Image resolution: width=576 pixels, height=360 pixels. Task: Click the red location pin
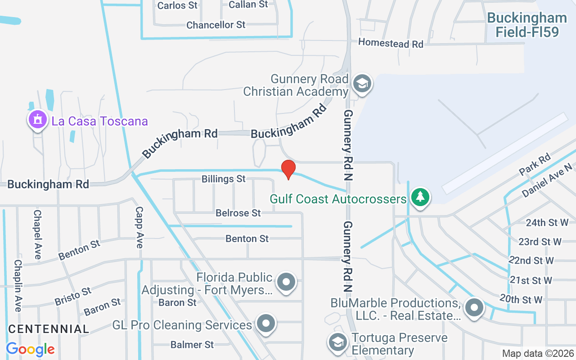(x=288, y=170)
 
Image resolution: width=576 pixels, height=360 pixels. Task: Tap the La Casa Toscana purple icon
(x=37, y=120)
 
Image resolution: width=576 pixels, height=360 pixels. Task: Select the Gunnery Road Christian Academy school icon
(x=362, y=83)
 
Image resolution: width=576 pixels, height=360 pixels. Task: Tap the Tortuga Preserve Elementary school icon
(x=337, y=342)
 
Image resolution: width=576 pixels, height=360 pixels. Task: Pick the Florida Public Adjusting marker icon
(x=286, y=283)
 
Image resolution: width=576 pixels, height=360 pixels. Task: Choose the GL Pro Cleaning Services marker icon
(x=265, y=323)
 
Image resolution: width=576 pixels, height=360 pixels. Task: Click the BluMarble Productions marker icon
(x=473, y=308)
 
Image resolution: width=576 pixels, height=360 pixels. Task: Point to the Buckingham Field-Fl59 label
(x=526, y=25)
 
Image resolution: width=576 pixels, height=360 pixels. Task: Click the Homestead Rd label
(x=391, y=44)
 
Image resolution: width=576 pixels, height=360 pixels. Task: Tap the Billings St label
(x=224, y=179)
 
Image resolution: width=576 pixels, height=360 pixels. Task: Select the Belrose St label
(x=238, y=212)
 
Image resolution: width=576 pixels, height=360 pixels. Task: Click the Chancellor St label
(x=216, y=25)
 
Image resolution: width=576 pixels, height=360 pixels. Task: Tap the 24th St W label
(x=548, y=222)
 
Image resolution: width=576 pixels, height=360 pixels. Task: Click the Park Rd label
(x=535, y=165)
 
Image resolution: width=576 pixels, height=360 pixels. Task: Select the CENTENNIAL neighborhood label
(x=49, y=329)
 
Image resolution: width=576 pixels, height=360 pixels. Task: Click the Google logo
(x=30, y=349)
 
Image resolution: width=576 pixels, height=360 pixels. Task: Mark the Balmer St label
(x=192, y=345)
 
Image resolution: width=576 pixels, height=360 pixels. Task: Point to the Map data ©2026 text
(x=538, y=354)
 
